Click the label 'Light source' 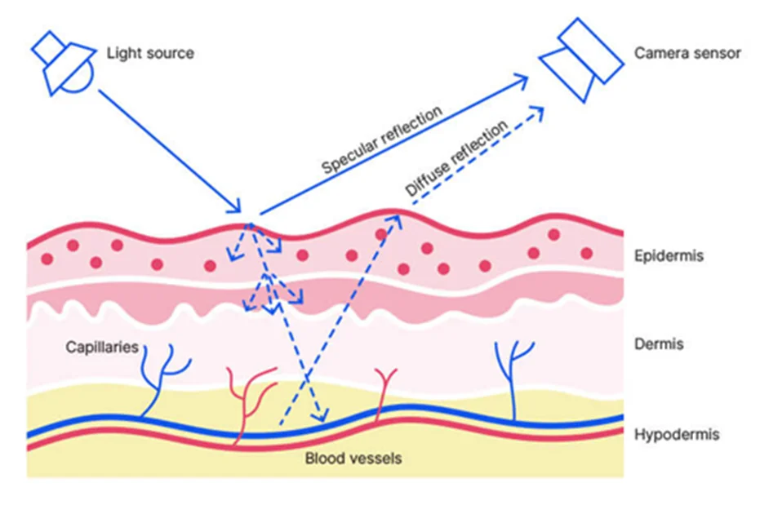pos(150,54)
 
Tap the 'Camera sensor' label pos(687,53)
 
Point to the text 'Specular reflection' pos(381,140)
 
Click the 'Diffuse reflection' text pos(456,158)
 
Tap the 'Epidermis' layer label pos(669,256)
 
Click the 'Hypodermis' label pos(677,434)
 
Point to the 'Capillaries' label pos(102,348)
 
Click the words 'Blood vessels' pos(353,458)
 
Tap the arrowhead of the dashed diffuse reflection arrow pos(539,110)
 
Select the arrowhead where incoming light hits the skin pos(237,207)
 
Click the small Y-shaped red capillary pos(384,388)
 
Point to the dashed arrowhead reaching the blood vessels pos(323,417)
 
